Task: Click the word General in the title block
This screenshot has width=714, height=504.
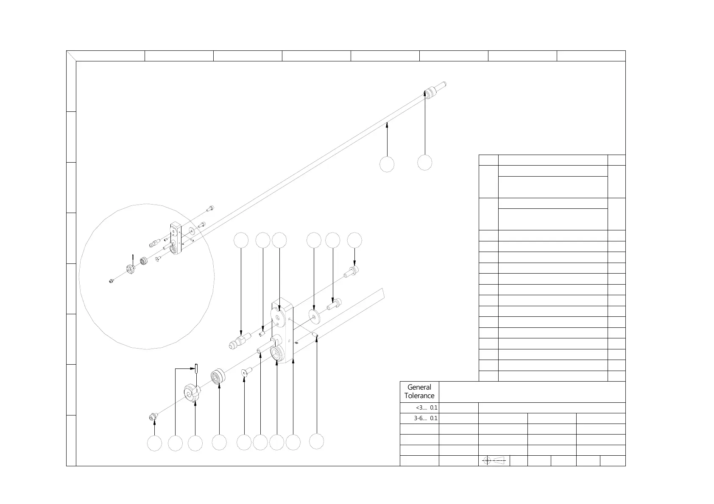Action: (419, 387)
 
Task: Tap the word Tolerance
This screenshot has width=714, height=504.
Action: (419, 396)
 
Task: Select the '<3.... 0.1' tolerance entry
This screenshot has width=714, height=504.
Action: (427, 408)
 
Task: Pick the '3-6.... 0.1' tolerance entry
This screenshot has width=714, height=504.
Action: (426, 418)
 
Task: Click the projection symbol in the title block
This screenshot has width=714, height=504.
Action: (494, 460)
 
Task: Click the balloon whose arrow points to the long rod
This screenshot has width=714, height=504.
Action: (387, 164)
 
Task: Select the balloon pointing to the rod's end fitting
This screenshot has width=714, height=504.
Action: (424, 162)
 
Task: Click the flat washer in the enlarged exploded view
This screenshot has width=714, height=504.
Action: (314, 316)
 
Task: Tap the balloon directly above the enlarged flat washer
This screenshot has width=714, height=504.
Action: (314, 240)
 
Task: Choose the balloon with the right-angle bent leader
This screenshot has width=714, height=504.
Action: (175, 443)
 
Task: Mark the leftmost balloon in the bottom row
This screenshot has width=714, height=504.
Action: (154, 443)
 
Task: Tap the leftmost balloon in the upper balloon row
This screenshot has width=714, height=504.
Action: (241, 240)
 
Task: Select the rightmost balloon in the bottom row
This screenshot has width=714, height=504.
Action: (317, 441)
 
